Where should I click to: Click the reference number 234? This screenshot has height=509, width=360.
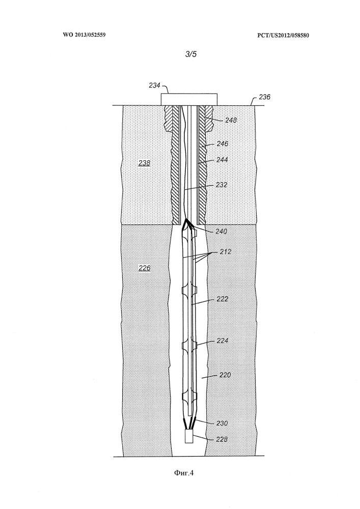tap(154, 86)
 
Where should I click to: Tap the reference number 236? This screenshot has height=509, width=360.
tap(265, 97)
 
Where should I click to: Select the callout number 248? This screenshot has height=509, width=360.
tap(231, 120)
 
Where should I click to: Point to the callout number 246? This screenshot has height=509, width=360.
tap(223, 144)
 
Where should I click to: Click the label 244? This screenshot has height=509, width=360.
tap(222, 160)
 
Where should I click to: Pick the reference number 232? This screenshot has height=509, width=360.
tap(221, 185)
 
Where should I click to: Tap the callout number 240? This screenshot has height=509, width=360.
tap(221, 232)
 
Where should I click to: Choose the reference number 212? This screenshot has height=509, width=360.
tap(225, 251)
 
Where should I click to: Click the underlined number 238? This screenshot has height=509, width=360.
tap(144, 163)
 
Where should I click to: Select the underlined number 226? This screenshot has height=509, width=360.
tap(145, 268)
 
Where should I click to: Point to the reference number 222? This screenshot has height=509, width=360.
tap(223, 299)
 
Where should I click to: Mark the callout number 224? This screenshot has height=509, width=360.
tap(223, 341)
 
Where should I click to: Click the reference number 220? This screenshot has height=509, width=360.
tap(225, 375)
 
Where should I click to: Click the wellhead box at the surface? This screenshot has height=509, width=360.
tap(189, 99)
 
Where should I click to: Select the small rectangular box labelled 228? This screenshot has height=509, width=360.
tap(189, 436)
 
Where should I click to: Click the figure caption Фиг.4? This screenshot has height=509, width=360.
tap(184, 473)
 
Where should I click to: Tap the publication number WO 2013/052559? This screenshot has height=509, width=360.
tap(84, 35)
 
